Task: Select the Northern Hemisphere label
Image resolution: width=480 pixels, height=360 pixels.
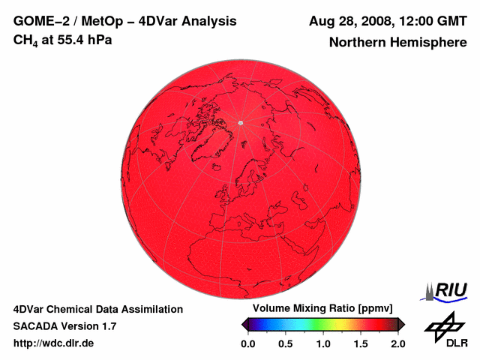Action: [x=397, y=43]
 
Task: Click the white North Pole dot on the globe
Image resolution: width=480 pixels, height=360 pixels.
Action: [x=240, y=122]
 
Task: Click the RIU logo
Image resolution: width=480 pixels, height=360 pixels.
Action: [x=445, y=290]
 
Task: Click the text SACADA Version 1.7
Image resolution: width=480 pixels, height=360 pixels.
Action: [x=64, y=326]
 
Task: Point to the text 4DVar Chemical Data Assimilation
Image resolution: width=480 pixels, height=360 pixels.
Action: [x=98, y=309]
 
